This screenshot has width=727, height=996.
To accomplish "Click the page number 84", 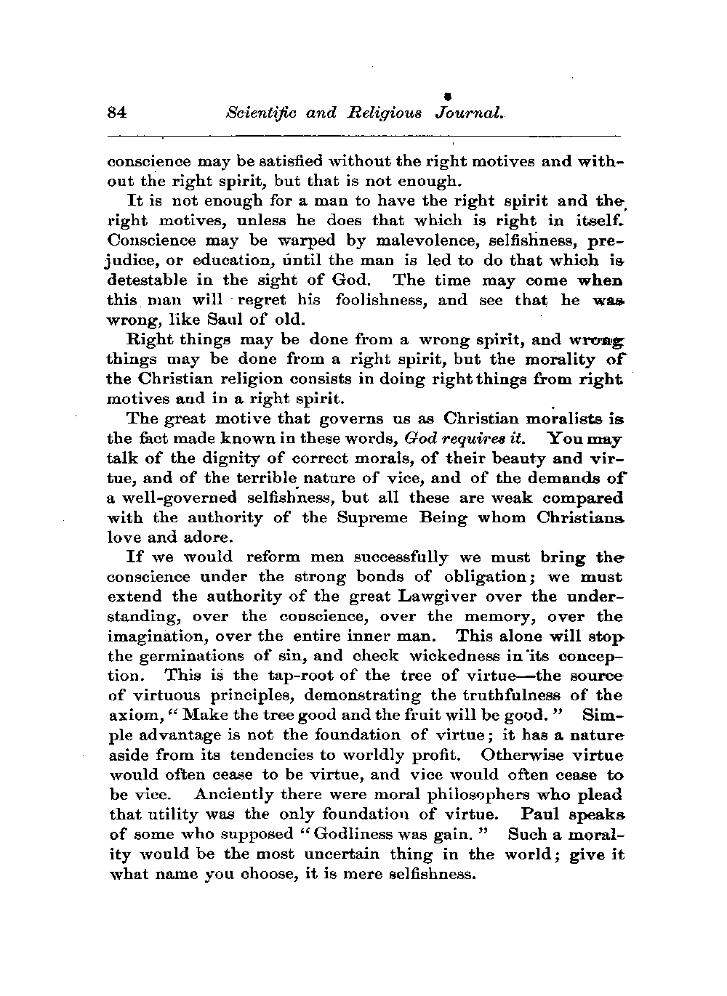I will point(117,112).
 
